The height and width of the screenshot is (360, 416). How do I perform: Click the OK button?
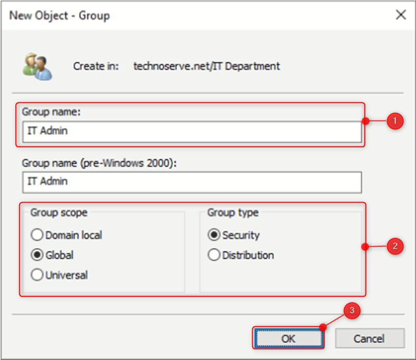click(289, 338)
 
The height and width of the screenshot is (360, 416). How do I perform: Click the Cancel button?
click(369, 338)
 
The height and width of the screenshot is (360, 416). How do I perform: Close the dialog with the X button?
click(401, 15)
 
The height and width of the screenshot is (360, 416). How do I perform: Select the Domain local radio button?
click(37, 235)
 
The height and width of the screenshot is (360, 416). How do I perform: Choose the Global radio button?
click(37, 256)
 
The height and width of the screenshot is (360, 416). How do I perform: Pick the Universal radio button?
click(37, 275)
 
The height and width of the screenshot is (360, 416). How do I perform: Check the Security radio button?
click(214, 235)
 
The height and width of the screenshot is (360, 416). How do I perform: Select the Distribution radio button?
click(214, 256)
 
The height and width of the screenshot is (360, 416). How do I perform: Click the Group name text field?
click(191, 131)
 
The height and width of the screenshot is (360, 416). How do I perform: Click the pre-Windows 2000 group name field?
click(191, 182)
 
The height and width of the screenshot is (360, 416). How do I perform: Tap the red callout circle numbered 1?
click(395, 122)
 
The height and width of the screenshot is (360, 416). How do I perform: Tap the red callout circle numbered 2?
click(395, 246)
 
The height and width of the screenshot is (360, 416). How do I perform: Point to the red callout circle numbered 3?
click(352, 311)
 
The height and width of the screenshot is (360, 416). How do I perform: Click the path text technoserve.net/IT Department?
click(206, 66)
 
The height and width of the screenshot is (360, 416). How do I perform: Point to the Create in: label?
click(96, 66)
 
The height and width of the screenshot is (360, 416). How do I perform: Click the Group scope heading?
click(59, 212)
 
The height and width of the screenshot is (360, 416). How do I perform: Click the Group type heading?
click(232, 212)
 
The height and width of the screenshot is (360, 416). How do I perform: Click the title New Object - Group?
click(59, 15)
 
